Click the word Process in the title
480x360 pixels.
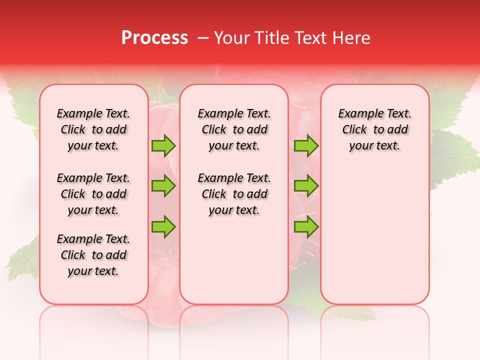(x=154, y=37)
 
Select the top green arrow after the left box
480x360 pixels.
(x=163, y=146)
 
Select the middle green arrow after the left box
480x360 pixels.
(x=163, y=186)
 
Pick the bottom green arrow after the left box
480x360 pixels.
(x=163, y=226)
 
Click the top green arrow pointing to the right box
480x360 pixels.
(x=306, y=146)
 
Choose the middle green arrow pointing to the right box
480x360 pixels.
(x=306, y=186)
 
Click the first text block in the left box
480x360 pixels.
(x=93, y=129)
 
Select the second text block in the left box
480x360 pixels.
(x=93, y=194)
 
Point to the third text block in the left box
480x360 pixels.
(x=93, y=255)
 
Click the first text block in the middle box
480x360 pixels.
(x=234, y=129)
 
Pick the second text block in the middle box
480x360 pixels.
(x=234, y=194)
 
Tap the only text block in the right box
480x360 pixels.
(x=374, y=129)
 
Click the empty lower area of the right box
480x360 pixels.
(x=374, y=240)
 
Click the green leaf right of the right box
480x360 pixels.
(x=452, y=155)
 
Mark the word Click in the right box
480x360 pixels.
(x=354, y=129)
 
